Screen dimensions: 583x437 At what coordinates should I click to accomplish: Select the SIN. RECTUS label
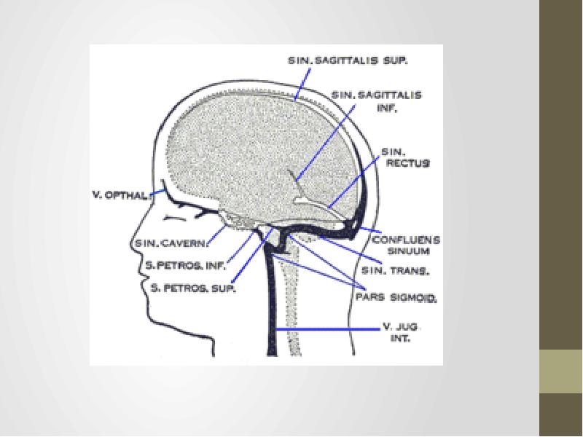pos(405,158)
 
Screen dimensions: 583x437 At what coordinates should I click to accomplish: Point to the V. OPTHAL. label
pos(121,194)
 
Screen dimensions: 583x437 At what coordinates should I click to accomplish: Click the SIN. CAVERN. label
pos(170,243)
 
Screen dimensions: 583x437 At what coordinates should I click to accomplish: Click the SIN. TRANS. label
pos(397,271)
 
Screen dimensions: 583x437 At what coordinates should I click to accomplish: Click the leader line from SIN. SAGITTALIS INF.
pos(326,138)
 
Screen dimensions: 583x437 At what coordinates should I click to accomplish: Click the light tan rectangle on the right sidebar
pos(560,371)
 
